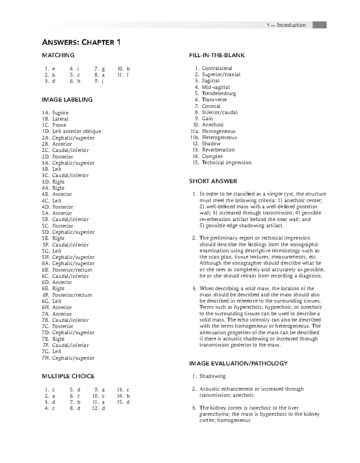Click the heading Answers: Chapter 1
[x=81, y=42]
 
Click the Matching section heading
[x=58, y=55]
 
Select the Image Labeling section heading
[x=67, y=100]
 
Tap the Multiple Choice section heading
[x=68, y=376]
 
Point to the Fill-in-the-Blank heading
[x=217, y=55]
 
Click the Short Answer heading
[x=213, y=181]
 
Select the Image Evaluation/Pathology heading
[x=238, y=363]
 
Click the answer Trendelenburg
[x=219, y=93]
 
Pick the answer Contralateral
[x=217, y=68]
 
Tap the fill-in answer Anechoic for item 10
[x=213, y=125]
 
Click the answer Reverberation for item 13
[x=218, y=150]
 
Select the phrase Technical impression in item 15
[x=226, y=163]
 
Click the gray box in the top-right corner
[x=319, y=25]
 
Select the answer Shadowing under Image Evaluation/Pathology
[x=212, y=376]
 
